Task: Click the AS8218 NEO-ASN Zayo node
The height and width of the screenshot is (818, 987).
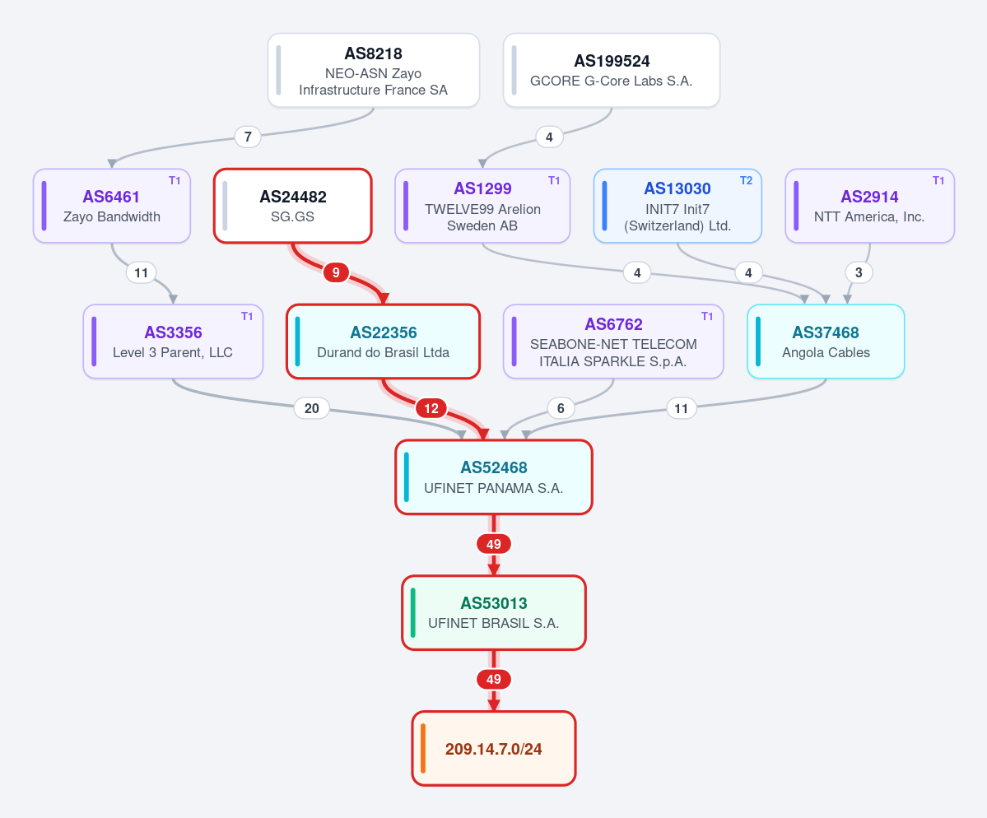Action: tap(373, 71)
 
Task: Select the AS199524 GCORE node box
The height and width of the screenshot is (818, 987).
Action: tap(611, 71)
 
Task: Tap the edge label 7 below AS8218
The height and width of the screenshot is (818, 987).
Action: tap(248, 137)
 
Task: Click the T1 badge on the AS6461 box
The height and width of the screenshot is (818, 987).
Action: tap(175, 180)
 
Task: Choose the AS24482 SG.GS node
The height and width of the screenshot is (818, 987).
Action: tap(293, 206)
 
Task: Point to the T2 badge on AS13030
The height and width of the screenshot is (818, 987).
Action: tap(746, 180)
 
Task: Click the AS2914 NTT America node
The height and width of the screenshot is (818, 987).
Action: tap(870, 206)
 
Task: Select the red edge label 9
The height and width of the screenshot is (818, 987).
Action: tap(336, 272)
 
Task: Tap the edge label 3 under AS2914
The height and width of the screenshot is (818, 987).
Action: tap(859, 272)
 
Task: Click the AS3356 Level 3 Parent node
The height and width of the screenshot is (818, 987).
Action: tap(173, 342)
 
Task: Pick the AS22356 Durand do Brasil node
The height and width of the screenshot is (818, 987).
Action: tap(384, 342)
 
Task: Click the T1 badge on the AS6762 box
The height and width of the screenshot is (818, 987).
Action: tap(707, 317)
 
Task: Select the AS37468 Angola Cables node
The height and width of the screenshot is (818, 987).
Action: tap(826, 342)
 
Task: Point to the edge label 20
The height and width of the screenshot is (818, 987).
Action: tap(312, 408)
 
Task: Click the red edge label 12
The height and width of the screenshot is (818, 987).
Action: tap(431, 408)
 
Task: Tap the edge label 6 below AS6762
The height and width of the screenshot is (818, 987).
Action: tap(561, 408)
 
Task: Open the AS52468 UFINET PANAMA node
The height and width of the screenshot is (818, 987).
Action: tap(494, 477)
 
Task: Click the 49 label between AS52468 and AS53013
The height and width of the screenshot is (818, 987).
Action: tap(494, 544)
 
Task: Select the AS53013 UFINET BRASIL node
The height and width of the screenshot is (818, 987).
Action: tap(494, 613)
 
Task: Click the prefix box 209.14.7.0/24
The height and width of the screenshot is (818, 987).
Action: tap(494, 749)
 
